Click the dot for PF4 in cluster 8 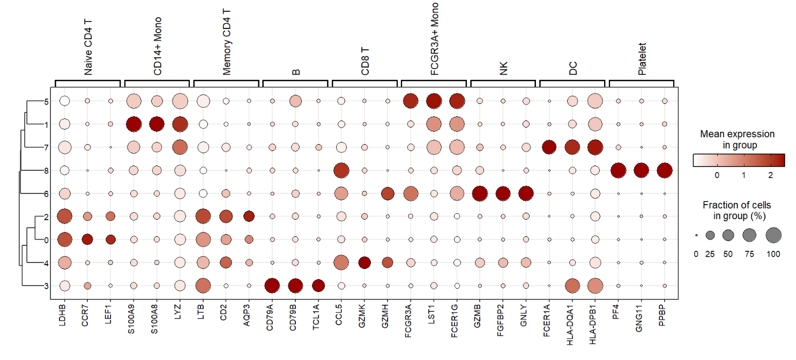coord(618,170)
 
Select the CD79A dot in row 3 coord(272,286)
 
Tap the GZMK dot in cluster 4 coord(364,262)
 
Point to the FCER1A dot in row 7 coord(549,147)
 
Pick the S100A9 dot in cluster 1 coord(133,124)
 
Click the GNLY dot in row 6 coord(526,193)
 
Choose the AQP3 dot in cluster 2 coord(249,216)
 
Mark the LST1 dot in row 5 coord(433,101)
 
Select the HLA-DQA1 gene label coord(572,322)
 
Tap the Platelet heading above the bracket coord(642,59)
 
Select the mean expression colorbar coord(738,160)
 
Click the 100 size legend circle coord(773,235)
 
